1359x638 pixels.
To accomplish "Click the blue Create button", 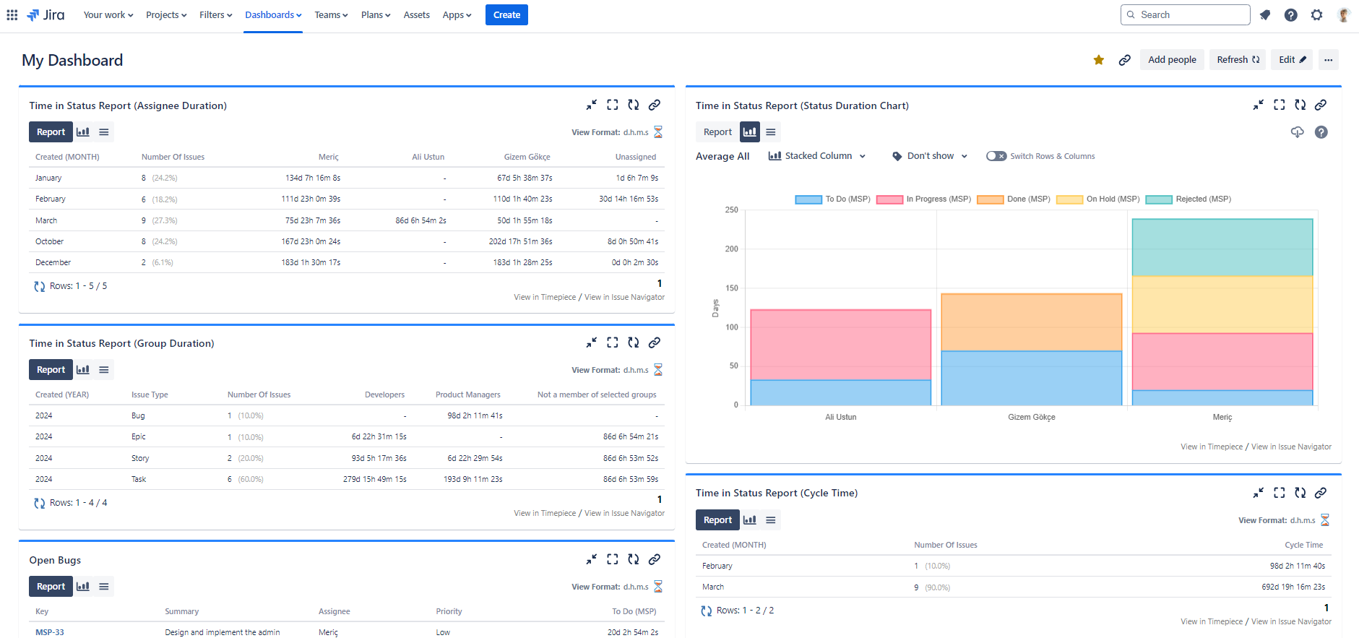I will [506, 15].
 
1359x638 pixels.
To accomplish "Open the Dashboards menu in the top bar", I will [273, 15].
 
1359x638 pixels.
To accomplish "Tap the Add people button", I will [1172, 60].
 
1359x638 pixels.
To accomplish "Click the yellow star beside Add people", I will [1098, 60].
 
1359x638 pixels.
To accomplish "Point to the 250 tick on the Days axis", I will [732, 210].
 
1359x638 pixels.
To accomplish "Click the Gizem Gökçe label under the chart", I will [1031, 418].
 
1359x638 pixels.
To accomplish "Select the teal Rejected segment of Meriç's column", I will [1222, 247].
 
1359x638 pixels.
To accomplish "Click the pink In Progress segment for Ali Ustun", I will [840, 345].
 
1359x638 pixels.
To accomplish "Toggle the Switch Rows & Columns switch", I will [996, 156].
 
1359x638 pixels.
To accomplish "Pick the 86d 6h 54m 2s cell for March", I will [420, 221].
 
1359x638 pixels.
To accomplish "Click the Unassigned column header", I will [635, 157].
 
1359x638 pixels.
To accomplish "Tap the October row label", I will [50, 242].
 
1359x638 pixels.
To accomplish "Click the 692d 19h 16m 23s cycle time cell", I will [1293, 587].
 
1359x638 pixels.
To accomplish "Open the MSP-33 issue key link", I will [50, 632].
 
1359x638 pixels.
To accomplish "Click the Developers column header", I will [384, 395].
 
